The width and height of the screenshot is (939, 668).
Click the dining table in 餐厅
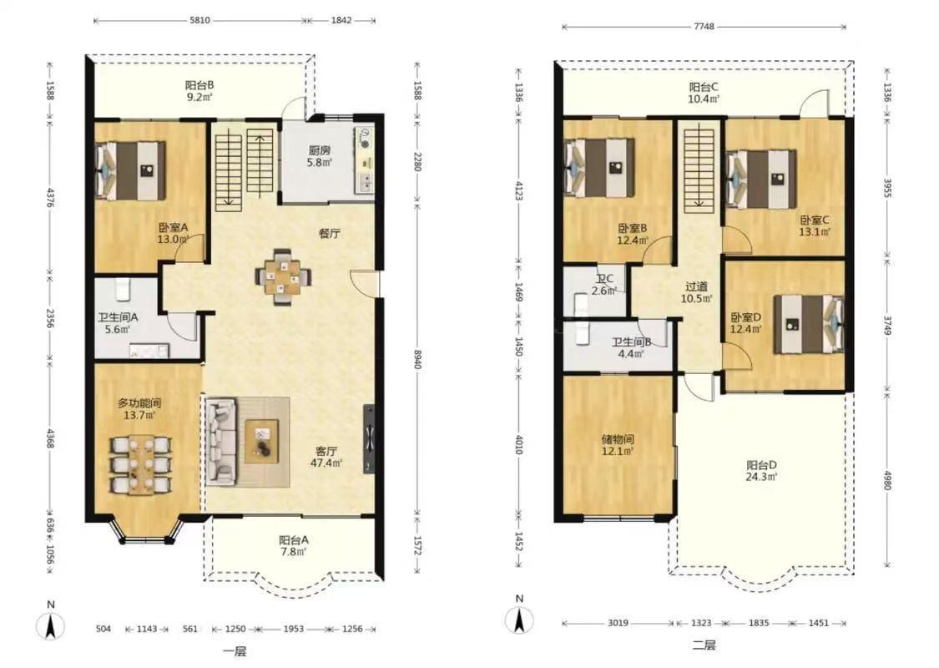(x=283, y=276)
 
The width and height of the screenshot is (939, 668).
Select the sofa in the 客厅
(x=221, y=442)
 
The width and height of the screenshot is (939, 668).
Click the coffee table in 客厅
(x=262, y=441)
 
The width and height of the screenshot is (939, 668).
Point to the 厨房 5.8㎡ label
(x=320, y=156)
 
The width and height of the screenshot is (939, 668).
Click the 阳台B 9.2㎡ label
(x=199, y=91)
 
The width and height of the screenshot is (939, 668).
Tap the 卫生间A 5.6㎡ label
(x=118, y=323)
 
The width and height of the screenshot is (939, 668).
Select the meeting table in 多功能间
(x=141, y=464)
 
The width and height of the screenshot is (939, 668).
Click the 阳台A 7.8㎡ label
(x=294, y=545)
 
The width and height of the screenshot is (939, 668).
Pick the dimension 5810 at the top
(x=199, y=20)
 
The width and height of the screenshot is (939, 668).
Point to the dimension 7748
(x=704, y=27)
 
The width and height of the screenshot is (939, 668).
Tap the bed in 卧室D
(x=809, y=323)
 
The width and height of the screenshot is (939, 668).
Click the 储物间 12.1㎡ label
(x=618, y=444)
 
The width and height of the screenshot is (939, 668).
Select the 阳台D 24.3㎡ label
(x=762, y=471)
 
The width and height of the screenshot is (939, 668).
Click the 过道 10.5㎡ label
(x=696, y=292)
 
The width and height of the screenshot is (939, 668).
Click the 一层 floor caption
(x=235, y=652)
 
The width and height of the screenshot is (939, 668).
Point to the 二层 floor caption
(x=704, y=645)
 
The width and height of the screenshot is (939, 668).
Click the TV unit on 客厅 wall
(x=370, y=439)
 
